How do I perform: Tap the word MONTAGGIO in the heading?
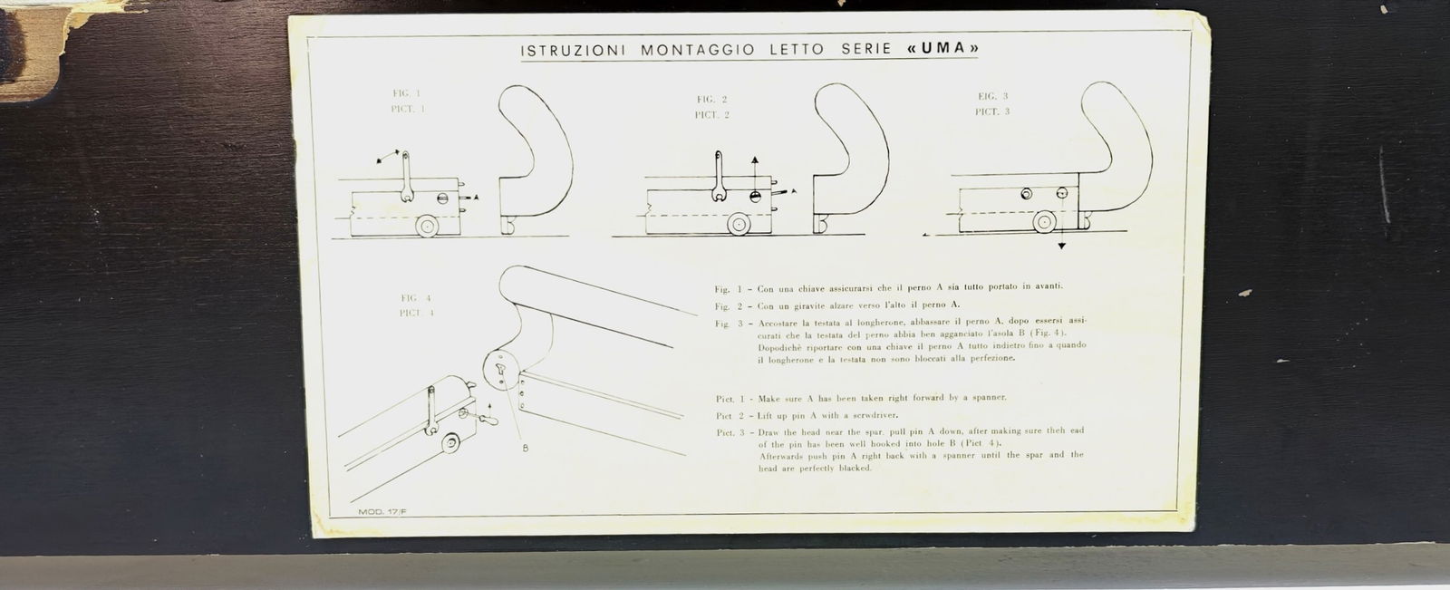point(697,50)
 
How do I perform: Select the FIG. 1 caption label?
point(406,93)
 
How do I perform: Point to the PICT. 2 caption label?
point(712,115)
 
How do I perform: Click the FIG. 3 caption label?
point(993,96)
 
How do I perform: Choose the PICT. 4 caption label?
point(417,313)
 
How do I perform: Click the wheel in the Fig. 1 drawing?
point(426,225)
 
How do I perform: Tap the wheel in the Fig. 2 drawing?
point(739,224)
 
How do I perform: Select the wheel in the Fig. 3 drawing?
point(1044,221)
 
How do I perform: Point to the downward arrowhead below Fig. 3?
point(1062,246)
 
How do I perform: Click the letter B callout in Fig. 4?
point(526,448)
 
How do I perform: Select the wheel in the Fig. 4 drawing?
point(449,443)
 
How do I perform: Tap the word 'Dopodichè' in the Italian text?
point(781,346)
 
